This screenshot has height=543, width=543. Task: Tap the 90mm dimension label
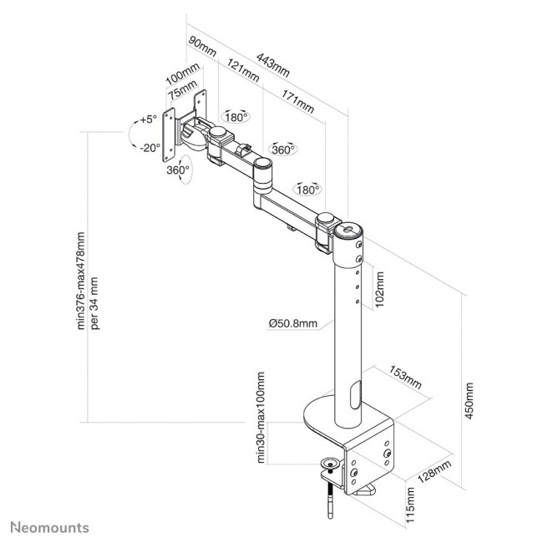click(202, 45)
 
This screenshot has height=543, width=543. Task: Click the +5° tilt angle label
click(149, 119)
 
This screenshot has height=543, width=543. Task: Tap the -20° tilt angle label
click(150, 148)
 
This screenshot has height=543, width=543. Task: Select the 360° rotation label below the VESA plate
click(177, 170)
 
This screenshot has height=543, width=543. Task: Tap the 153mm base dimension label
click(404, 378)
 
